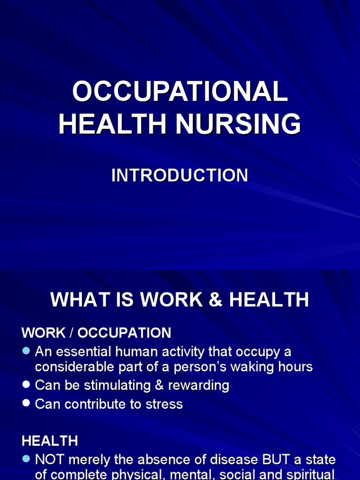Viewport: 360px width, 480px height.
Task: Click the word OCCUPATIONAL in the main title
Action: pyautogui.click(x=180, y=91)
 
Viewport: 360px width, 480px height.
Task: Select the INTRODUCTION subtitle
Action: pyautogui.click(x=180, y=175)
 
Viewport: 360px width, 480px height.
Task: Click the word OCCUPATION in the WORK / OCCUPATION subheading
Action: pyautogui.click(x=124, y=333)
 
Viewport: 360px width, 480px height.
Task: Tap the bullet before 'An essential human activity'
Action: pyautogui.click(x=26, y=351)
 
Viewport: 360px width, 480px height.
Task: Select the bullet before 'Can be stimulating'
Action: pyautogui.click(x=26, y=385)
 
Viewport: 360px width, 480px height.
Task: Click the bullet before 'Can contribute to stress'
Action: pyautogui.click(x=26, y=403)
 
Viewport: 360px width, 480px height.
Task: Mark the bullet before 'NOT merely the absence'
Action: pyautogui.click(x=26, y=458)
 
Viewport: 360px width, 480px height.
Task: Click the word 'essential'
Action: pyautogui.click(x=82, y=352)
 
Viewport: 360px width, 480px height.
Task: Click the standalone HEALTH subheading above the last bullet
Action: pyautogui.click(x=50, y=441)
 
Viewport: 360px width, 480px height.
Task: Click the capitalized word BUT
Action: pyautogui.click(x=261, y=459)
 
